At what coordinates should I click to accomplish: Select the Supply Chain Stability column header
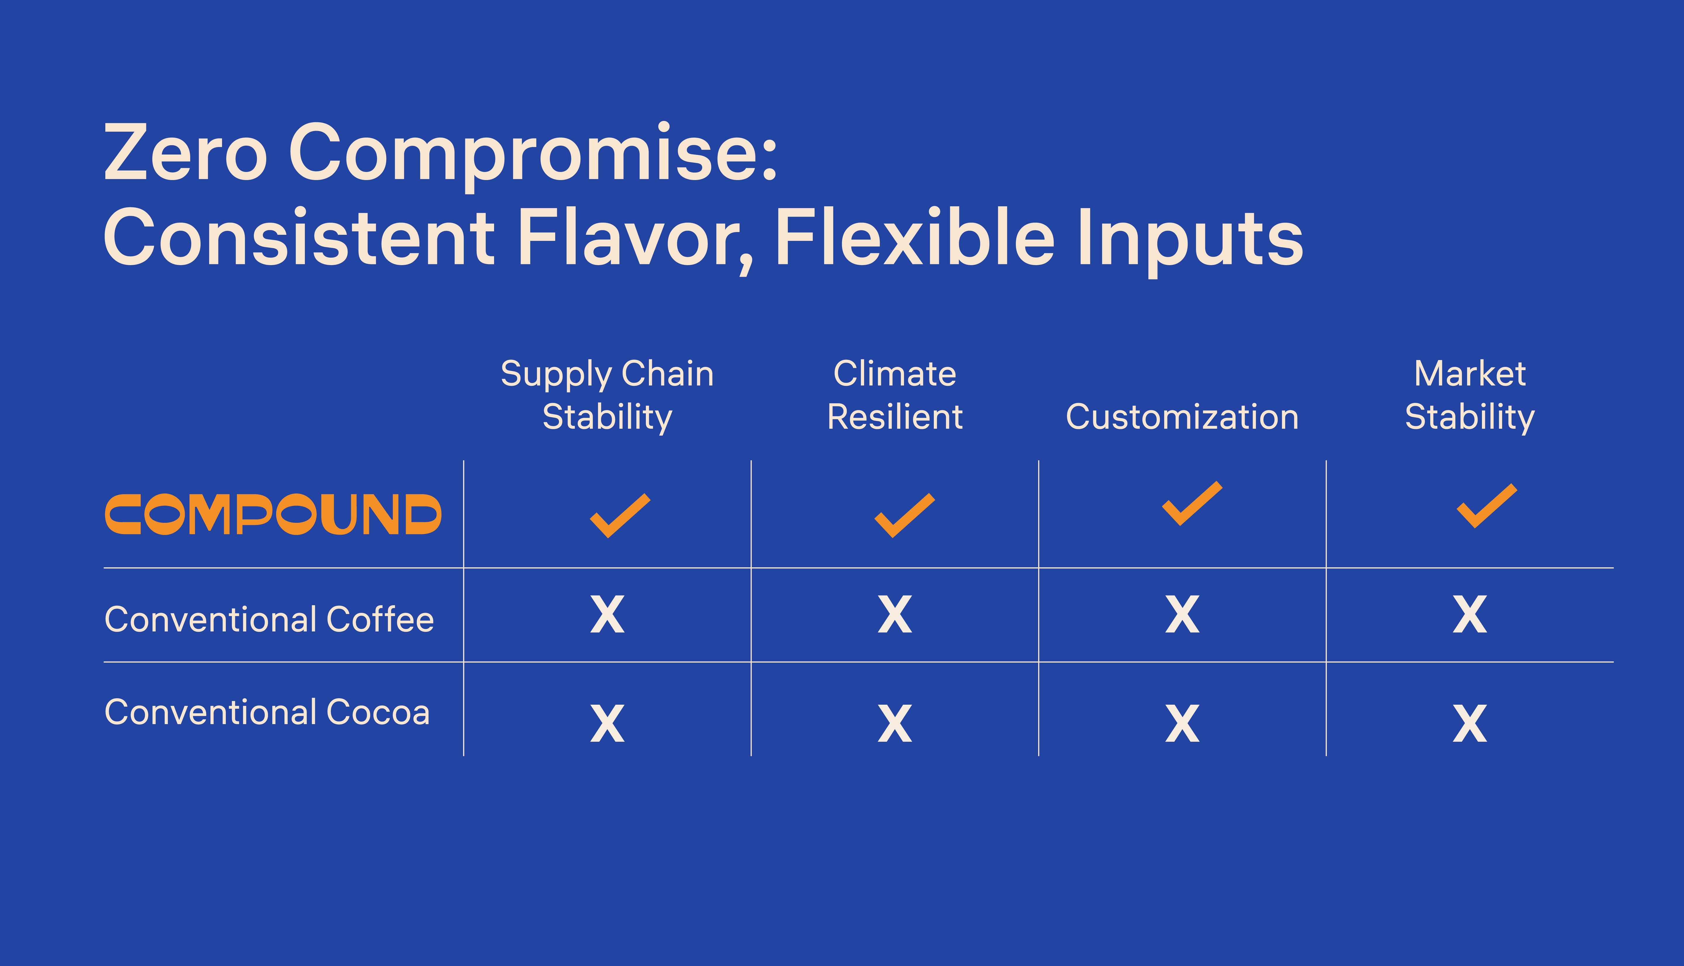[607, 395]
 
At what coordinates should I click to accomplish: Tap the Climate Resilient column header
[894, 395]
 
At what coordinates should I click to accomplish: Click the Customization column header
[1182, 417]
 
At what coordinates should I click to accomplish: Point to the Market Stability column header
[1470, 395]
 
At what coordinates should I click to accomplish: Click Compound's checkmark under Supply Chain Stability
[620, 516]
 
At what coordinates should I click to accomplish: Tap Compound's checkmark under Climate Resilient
[904, 516]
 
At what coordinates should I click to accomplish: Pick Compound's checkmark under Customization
[1192, 504]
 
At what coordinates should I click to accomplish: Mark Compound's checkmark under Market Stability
[1486, 506]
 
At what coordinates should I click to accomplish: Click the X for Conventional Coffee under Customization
[1182, 614]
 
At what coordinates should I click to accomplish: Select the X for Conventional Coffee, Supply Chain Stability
[607, 614]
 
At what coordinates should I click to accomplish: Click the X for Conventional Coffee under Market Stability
[1470, 614]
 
